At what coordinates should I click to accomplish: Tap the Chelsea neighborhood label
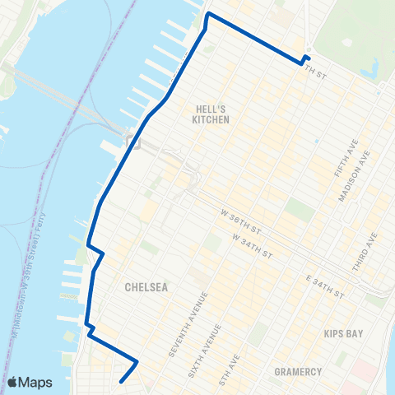tap(146, 288)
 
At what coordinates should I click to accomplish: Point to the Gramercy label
tap(299, 372)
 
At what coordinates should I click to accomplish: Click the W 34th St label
tap(251, 245)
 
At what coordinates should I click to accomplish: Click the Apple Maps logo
tap(30, 382)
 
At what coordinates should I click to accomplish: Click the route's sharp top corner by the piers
tap(207, 14)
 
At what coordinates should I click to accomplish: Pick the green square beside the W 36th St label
tap(300, 210)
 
